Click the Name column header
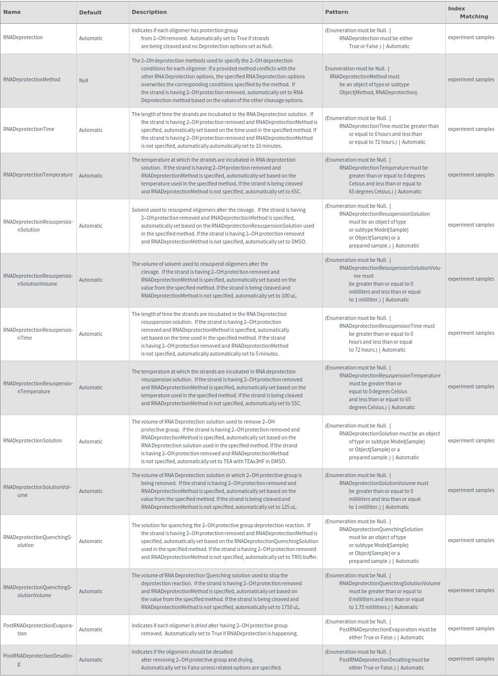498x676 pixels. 12,12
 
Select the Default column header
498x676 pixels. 90,12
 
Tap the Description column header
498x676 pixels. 149,12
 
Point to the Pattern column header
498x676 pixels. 336,12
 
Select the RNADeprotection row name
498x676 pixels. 23,38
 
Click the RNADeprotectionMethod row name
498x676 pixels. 32,79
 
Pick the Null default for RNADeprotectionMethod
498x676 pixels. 83,80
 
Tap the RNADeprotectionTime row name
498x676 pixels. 29,129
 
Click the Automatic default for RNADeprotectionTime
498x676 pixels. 91,130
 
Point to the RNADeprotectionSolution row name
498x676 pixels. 33,441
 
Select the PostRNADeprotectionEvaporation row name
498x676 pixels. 38,629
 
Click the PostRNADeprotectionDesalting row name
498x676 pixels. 38,660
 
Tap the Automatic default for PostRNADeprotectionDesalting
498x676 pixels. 91,660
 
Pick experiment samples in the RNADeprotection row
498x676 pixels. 471,38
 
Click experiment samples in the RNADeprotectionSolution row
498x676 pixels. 471,441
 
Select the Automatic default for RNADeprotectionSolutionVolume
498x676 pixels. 91,492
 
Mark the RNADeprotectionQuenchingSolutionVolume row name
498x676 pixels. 38,591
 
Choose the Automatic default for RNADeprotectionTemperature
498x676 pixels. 91,176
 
